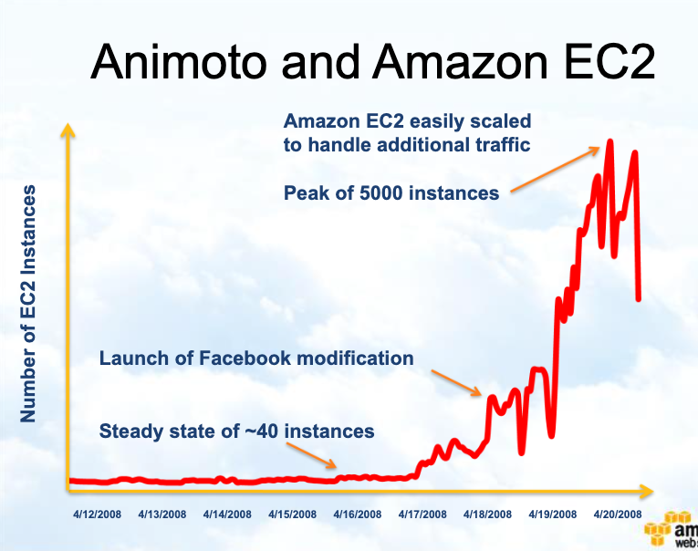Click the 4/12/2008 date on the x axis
click(98, 515)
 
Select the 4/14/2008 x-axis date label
click(227, 515)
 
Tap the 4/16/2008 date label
click(358, 515)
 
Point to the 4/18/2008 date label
click(487, 515)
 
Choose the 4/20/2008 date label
click(618, 515)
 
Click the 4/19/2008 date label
click(553, 515)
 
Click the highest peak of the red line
click(609, 141)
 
